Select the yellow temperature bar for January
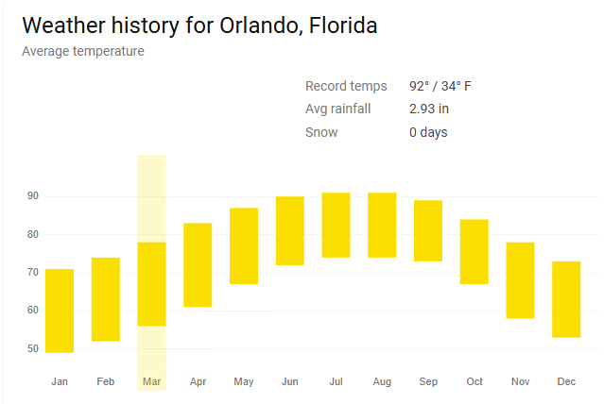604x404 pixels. [x=60, y=311]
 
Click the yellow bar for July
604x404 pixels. [x=336, y=225]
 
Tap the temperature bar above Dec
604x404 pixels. [x=566, y=299]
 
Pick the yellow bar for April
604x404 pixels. [x=198, y=265]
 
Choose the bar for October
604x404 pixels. [x=475, y=251]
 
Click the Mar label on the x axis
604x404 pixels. [x=151, y=381]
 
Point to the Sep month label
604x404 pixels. [x=428, y=381]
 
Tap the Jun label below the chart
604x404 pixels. [x=289, y=381]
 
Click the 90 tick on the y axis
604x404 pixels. [x=32, y=196]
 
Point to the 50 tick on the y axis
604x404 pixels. [x=32, y=349]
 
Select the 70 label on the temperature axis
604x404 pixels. [x=32, y=273]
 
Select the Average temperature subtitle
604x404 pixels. [x=83, y=51]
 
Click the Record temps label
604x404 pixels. [x=346, y=87]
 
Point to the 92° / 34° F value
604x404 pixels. [x=440, y=87]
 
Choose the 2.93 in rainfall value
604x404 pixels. [x=429, y=109]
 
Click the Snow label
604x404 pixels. [x=321, y=132]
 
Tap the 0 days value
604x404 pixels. [x=428, y=132]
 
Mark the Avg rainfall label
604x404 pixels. [x=337, y=109]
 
